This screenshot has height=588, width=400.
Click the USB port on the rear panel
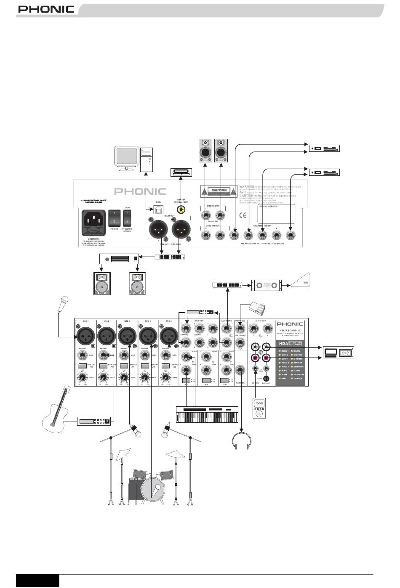(158, 209)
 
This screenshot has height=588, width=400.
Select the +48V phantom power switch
(127, 218)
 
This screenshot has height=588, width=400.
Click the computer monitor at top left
(127, 157)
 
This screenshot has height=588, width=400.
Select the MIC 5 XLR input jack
(168, 336)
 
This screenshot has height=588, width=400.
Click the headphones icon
(242, 440)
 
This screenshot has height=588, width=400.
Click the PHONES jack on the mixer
(240, 371)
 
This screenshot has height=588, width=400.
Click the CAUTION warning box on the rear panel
(219, 191)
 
